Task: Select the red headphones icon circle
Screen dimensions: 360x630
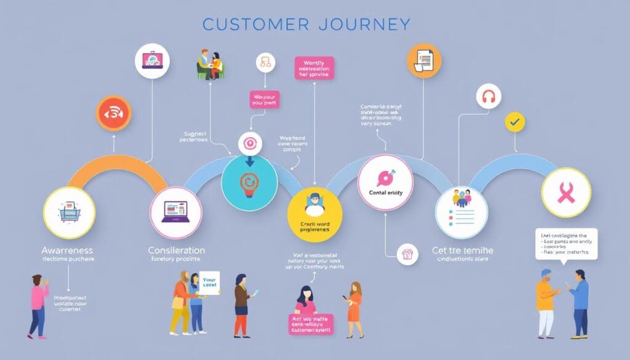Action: pyautogui.click(x=489, y=97)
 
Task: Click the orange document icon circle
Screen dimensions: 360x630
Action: pyautogui.click(x=424, y=60)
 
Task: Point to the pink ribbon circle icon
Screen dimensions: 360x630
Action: pyautogui.click(x=565, y=193)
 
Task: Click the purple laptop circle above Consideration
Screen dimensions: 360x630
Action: pyautogui.click(x=176, y=212)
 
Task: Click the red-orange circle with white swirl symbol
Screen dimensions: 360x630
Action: pyautogui.click(x=113, y=114)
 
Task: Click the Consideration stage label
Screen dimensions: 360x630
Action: pyautogui.click(x=177, y=250)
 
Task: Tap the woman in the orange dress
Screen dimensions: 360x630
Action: pyautogui.click(x=355, y=310)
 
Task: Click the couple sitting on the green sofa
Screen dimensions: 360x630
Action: pyautogui.click(x=210, y=65)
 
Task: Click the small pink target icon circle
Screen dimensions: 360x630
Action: pyautogui.click(x=250, y=143)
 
